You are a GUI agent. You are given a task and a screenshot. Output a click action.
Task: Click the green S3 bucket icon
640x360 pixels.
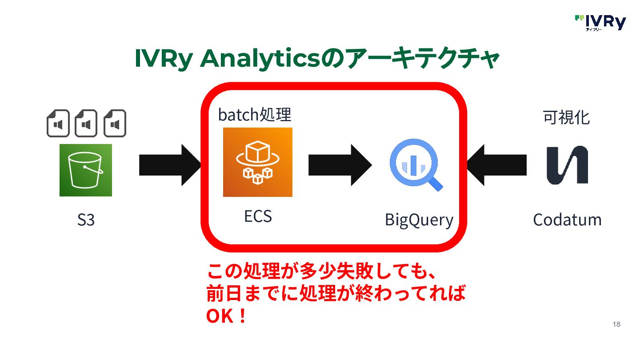click(86, 170)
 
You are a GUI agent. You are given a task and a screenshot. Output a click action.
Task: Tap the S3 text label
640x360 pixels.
click(86, 220)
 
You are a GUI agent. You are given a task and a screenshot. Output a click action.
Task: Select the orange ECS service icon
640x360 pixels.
click(258, 162)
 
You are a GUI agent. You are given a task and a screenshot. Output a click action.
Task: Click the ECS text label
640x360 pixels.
click(258, 216)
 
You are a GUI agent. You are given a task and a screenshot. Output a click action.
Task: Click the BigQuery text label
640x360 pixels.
click(419, 220)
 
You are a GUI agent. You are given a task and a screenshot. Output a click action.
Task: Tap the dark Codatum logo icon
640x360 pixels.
click(567, 165)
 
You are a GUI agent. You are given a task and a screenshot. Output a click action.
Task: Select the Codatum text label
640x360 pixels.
click(567, 220)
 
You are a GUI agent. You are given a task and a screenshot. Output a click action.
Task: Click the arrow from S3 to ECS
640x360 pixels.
click(170, 165)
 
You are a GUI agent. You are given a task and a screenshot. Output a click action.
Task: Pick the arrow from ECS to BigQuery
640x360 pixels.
click(340, 165)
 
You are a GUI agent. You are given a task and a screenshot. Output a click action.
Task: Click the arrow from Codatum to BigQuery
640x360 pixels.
click(496, 165)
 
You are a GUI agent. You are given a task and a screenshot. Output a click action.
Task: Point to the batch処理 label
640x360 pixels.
click(254, 115)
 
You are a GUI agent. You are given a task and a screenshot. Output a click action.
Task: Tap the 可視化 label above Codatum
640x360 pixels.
click(567, 117)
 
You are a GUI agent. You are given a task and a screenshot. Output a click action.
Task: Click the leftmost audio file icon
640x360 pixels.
click(58, 123)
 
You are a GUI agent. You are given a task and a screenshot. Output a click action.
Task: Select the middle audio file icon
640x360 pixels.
click(86, 123)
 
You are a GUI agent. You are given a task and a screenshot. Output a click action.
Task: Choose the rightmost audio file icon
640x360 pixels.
click(115, 123)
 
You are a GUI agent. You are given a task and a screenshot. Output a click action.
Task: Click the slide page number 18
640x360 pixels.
click(616, 324)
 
